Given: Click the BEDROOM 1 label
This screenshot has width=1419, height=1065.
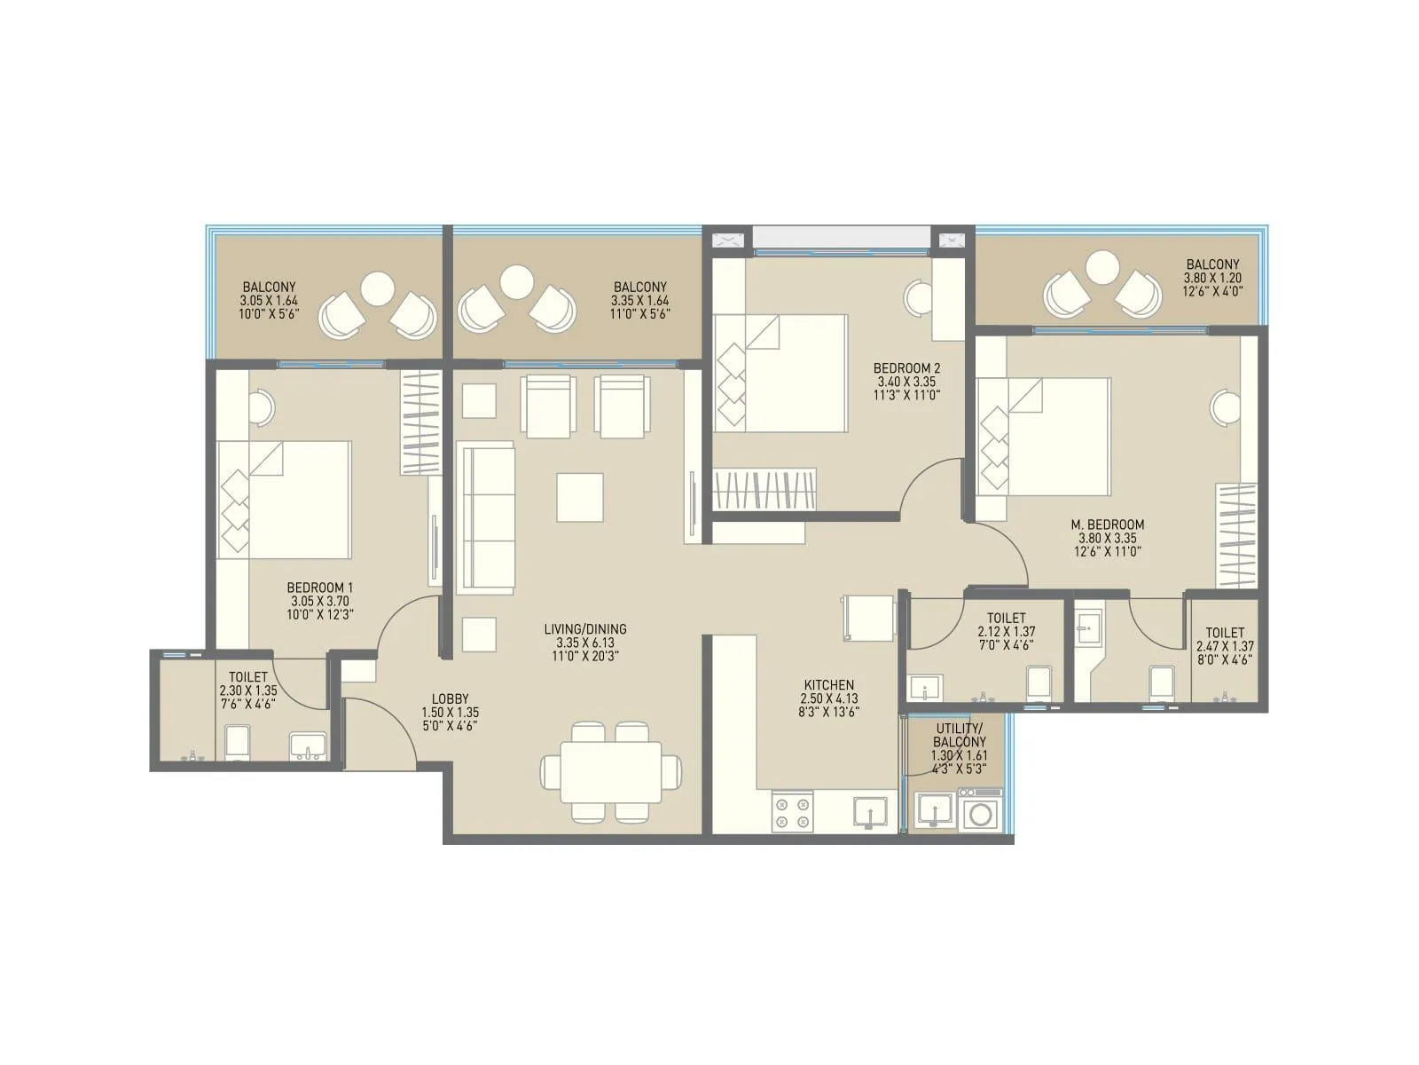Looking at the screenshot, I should [320, 588].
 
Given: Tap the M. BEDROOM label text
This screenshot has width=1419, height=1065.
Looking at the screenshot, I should [1107, 525].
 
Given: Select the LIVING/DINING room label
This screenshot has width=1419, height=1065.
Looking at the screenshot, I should [585, 629].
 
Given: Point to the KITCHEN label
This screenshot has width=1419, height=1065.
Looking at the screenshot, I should [828, 685].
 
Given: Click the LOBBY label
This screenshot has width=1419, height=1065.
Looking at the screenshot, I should [450, 698].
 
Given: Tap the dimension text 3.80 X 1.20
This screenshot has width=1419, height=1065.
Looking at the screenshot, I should [1212, 277].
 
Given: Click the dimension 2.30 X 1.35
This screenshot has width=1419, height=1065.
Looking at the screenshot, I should [248, 690].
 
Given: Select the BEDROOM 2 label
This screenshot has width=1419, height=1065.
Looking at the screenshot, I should [905, 367].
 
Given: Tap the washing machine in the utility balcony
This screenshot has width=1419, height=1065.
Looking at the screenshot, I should [979, 814].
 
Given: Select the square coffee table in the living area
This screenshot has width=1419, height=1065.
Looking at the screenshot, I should [580, 497].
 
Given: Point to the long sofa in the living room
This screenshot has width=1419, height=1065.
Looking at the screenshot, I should [485, 519].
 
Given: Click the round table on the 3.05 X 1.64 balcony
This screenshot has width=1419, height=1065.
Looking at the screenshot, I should [378, 288].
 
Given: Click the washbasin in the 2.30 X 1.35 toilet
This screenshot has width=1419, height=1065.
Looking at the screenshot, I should [307, 746].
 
